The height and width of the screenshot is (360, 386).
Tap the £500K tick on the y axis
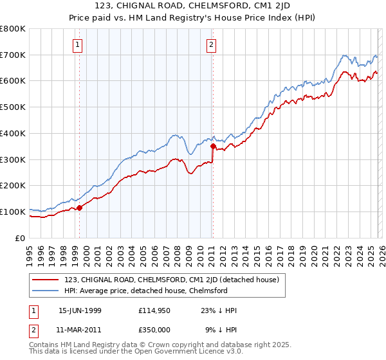point(12,107)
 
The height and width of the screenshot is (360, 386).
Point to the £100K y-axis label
point(12,212)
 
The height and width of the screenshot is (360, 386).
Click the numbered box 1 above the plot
point(77,44)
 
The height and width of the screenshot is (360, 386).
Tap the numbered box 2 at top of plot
point(210,44)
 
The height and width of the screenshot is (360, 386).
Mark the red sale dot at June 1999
point(80,208)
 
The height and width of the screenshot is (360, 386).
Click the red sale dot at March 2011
point(213,146)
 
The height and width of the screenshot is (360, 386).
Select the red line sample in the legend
point(45,280)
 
